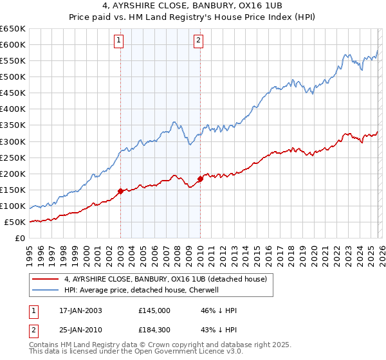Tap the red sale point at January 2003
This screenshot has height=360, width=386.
tap(120, 191)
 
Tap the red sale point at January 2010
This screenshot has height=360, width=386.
tap(200, 179)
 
